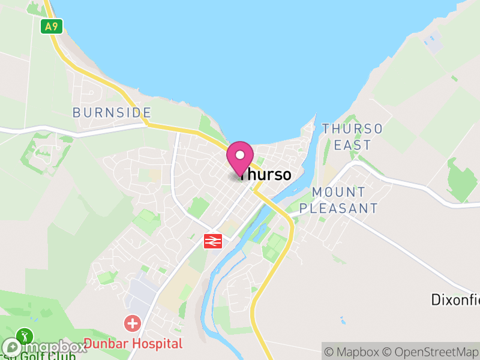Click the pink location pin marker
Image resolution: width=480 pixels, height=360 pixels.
click(240, 157)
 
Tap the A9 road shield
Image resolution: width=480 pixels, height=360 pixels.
click(52, 26)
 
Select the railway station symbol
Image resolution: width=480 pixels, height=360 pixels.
click(213, 241)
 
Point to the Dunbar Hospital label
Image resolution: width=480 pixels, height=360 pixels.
click(133, 344)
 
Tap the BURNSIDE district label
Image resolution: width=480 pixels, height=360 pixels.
click(112, 113)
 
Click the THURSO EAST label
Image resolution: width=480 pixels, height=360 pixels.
click(352, 137)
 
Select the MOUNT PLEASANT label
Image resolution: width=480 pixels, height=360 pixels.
click(339, 200)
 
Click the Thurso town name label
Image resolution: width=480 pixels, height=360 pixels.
click(265, 175)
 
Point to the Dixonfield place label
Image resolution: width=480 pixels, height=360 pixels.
click(455, 299)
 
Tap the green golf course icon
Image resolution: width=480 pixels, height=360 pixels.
click(25, 335)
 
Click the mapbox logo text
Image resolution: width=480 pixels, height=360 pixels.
click(53, 347)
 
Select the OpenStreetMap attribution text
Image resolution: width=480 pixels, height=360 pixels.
click(431, 352)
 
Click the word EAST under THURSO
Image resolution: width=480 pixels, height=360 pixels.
click(353, 145)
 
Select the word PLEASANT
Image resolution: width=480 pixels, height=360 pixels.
click(339, 208)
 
